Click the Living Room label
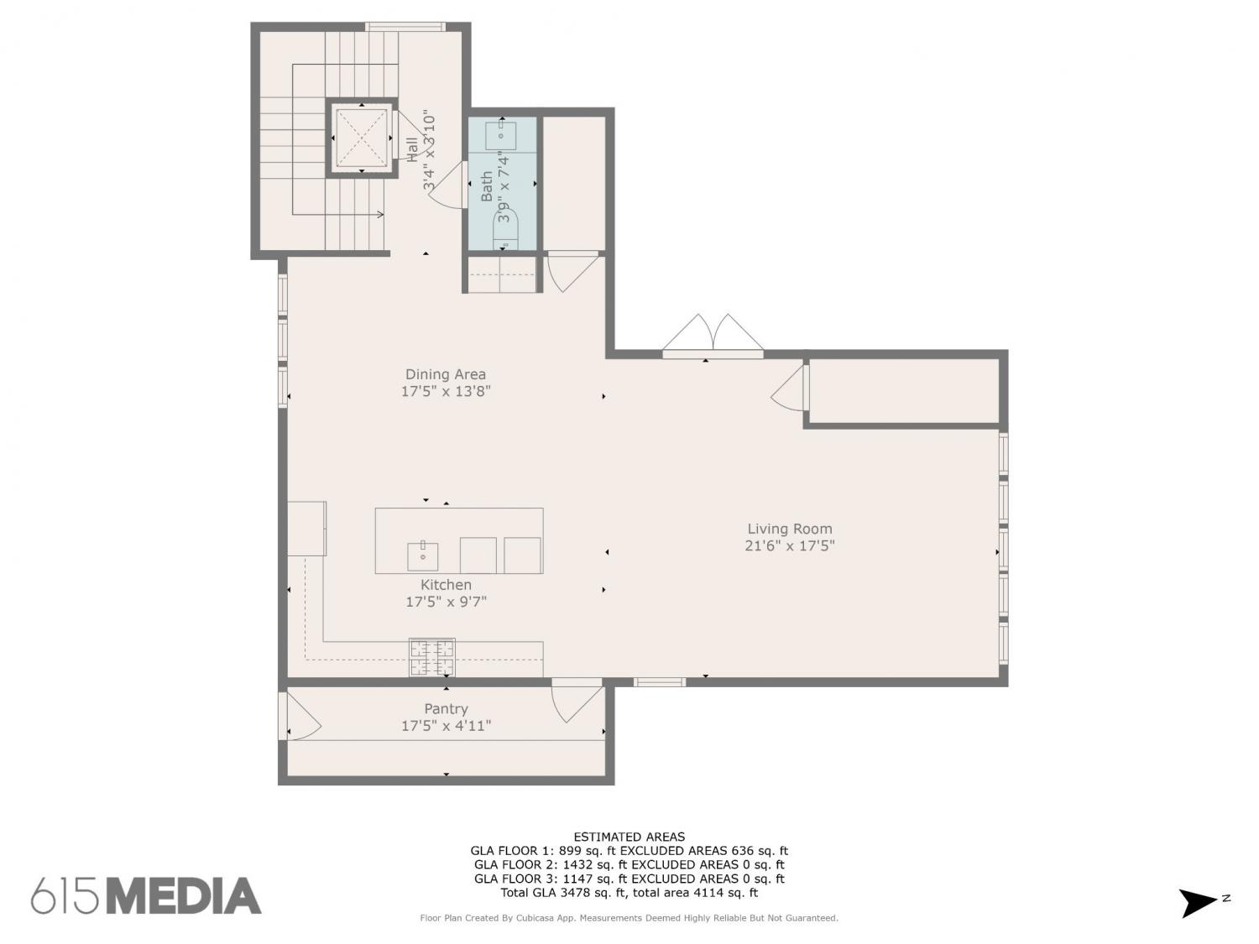[x=789, y=529]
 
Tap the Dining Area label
[x=446, y=374]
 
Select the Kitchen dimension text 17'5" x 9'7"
[x=446, y=602]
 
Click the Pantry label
[x=446, y=709]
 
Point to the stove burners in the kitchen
[x=432, y=657]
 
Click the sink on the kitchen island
[x=423, y=556]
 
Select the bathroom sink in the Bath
[x=502, y=135]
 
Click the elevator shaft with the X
[x=362, y=138]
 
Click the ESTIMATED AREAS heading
[x=629, y=837]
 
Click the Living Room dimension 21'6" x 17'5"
[x=789, y=545]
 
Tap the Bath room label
[x=486, y=186]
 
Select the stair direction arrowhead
[x=379, y=215]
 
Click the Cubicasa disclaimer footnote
[x=629, y=918]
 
